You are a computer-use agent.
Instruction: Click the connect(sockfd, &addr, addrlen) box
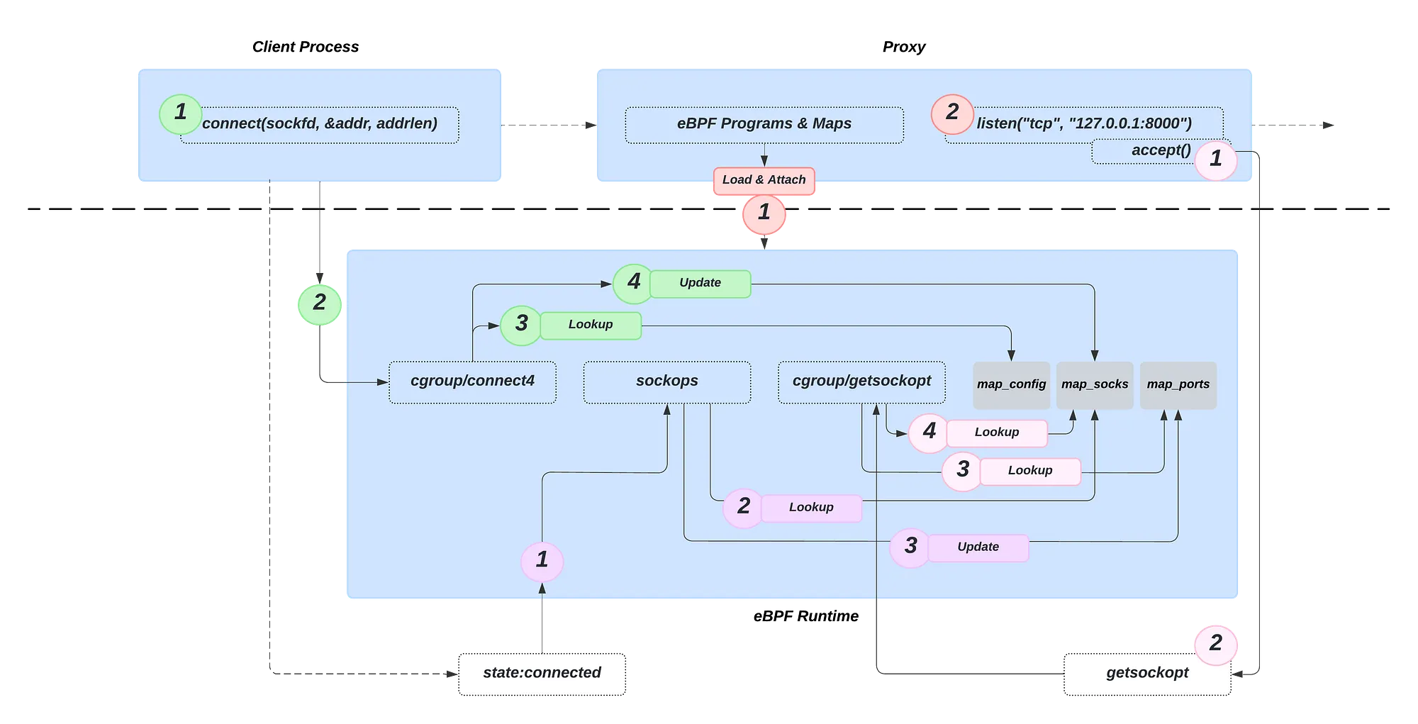(x=320, y=124)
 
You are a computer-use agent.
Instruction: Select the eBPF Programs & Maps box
(x=764, y=124)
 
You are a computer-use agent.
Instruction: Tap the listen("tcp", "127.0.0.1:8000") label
(x=1084, y=124)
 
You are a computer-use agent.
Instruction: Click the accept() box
(x=1161, y=150)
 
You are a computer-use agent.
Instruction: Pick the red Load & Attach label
(x=764, y=180)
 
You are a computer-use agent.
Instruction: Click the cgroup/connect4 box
(x=472, y=382)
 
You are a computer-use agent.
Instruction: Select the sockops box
(x=666, y=382)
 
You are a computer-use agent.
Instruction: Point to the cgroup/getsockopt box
(x=861, y=382)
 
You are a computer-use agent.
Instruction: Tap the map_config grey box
(x=1011, y=385)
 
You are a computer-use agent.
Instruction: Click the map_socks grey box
(x=1095, y=385)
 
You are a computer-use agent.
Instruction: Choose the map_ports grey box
(x=1178, y=385)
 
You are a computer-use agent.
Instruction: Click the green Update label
(x=700, y=283)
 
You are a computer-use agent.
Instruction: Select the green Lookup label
(x=591, y=325)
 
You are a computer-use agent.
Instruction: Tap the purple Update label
(x=978, y=547)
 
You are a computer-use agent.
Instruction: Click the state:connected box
(x=542, y=673)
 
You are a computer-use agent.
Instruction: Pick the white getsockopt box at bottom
(x=1147, y=673)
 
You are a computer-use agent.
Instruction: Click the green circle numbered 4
(x=633, y=282)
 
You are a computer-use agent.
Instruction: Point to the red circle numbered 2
(x=952, y=112)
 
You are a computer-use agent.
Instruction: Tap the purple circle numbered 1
(x=542, y=560)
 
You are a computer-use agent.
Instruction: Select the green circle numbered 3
(x=521, y=324)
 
